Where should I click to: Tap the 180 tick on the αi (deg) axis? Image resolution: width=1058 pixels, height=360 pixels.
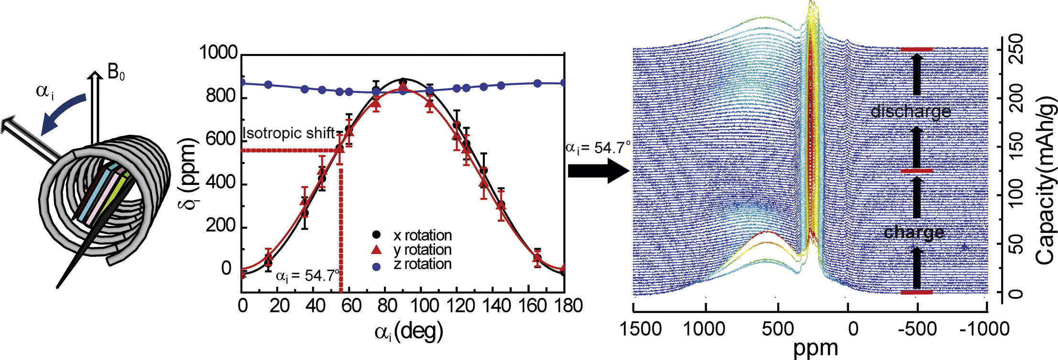click(x=564, y=305)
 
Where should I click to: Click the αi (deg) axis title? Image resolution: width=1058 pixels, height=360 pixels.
click(x=409, y=331)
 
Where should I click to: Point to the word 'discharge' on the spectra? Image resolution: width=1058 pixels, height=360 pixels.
click(x=911, y=111)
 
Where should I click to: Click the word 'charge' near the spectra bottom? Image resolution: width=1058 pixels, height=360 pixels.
click(x=914, y=232)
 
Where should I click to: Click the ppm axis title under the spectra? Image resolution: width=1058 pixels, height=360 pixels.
click(x=816, y=349)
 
